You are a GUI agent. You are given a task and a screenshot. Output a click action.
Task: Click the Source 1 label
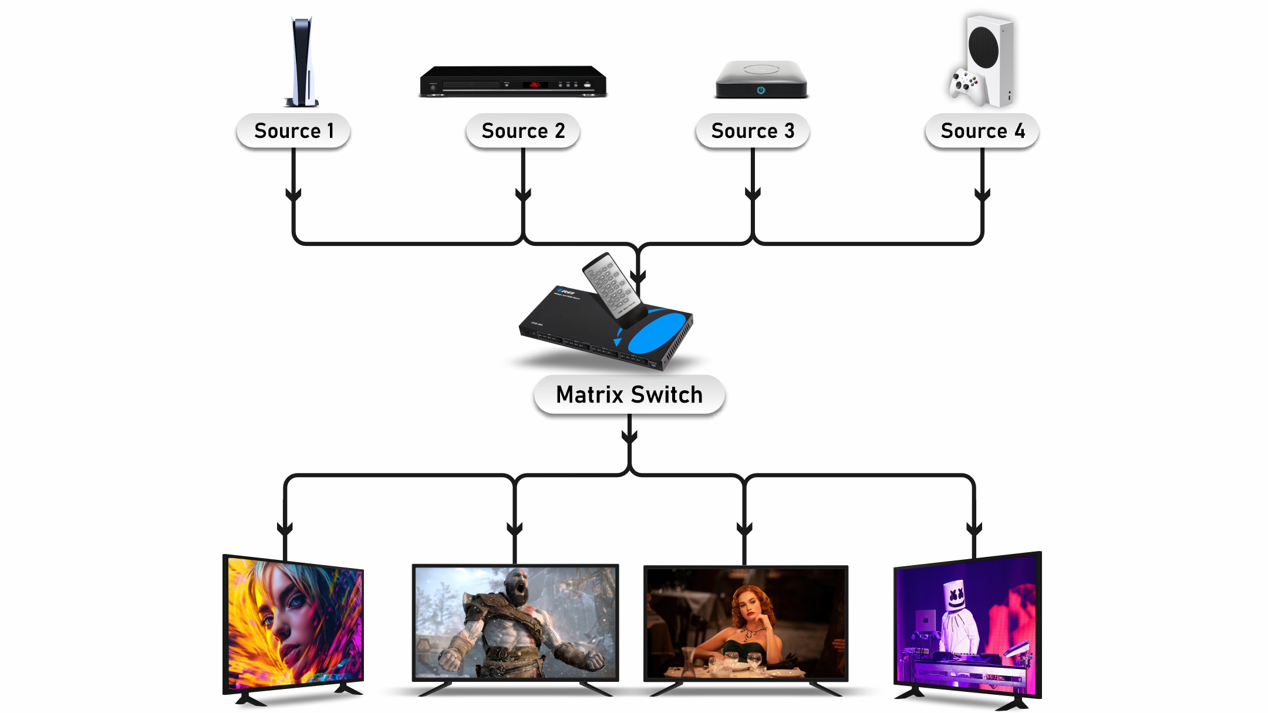click(x=294, y=130)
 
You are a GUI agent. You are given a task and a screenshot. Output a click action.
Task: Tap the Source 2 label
click(x=522, y=130)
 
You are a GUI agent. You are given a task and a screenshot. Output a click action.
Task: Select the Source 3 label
click(x=753, y=130)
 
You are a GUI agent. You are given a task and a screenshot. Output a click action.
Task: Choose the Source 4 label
click(x=982, y=130)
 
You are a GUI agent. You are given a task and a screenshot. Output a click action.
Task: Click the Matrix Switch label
click(x=629, y=394)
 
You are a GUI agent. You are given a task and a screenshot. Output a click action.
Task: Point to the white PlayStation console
click(x=302, y=62)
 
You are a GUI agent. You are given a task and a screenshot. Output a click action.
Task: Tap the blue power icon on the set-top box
click(x=761, y=90)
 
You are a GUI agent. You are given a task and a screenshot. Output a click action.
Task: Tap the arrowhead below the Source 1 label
click(x=294, y=194)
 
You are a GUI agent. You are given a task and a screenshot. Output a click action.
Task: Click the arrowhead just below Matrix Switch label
click(x=629, y=436)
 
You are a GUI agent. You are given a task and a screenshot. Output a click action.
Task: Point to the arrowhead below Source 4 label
click(x=982, y=194)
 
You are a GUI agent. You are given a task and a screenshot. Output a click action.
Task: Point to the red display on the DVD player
click(x=535, y=85)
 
